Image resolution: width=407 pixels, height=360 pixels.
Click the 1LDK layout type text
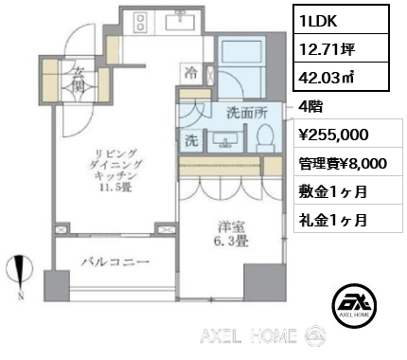(319, 21)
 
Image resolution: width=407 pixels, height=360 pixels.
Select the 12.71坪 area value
(327, 49)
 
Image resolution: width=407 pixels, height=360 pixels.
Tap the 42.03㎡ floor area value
(327, 77)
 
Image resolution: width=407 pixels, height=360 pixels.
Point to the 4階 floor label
(310, 107)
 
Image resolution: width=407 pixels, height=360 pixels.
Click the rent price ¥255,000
(333, 135)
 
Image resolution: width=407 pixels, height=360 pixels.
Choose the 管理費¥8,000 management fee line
(343, 164)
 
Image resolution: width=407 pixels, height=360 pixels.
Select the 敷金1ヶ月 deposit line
(333, 191)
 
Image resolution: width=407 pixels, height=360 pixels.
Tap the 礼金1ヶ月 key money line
(333, 220)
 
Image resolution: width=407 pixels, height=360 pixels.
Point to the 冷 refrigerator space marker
(191, 73)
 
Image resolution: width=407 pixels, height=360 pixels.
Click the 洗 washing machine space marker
(191, 140)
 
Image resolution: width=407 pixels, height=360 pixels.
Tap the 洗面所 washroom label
(248, 113)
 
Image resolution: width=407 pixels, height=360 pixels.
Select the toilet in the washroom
(264, 138)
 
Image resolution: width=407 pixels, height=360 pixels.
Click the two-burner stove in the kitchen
(139, 22)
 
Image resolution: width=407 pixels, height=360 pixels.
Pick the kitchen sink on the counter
(181, 20)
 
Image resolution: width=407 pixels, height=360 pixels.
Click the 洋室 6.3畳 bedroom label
(231, 234)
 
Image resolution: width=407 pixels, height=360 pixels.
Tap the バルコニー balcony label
(115, 261)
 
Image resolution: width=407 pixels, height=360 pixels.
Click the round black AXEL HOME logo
(354, 304)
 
